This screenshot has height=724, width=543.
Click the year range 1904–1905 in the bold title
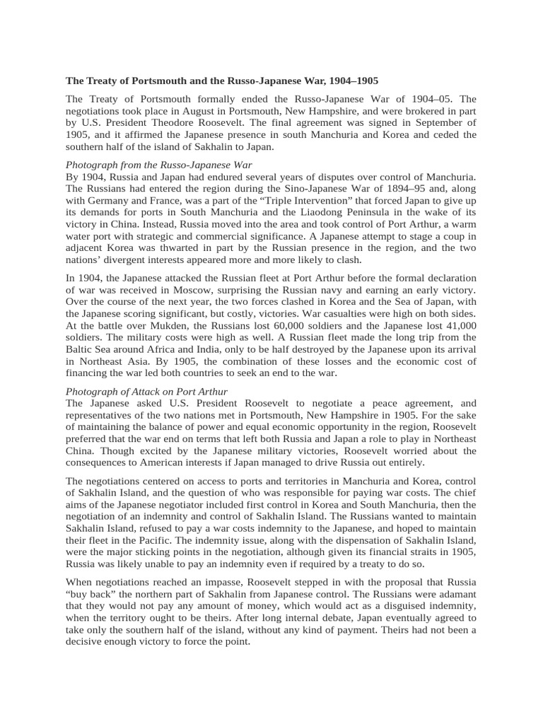pyautogui.click(x=358, y=81)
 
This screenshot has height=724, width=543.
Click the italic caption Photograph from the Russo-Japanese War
pyautogui.click(x=159, y=165)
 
